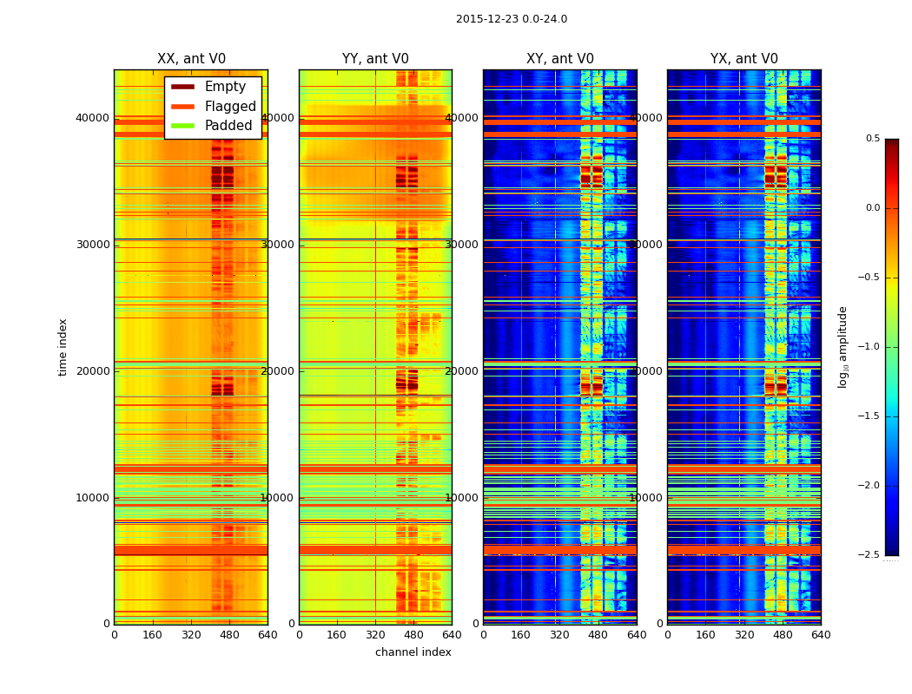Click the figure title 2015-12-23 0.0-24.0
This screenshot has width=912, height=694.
(511, 19)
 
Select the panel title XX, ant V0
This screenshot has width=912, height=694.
(191, 59)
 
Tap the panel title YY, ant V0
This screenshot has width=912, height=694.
(375, 59)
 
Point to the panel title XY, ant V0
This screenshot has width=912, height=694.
(560, 59)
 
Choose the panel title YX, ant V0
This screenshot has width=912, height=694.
(744, 59)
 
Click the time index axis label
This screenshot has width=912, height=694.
(63, 346)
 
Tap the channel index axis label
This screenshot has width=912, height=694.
(413, 652)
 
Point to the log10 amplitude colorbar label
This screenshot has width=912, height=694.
(843, 347)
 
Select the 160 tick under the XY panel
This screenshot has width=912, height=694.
(521, 634)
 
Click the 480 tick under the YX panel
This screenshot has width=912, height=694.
(783, 634)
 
